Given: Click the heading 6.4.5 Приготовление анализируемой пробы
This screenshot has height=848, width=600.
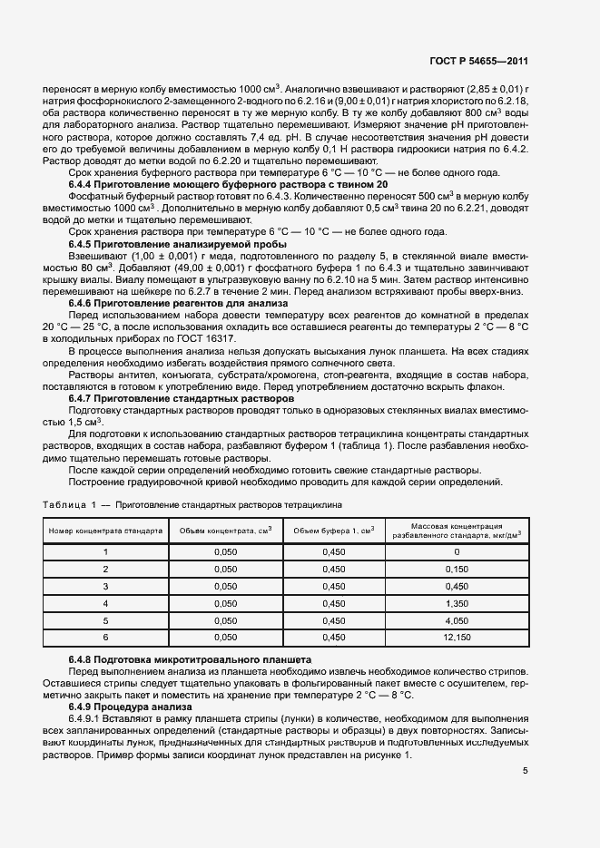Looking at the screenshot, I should click(x=178, y=244).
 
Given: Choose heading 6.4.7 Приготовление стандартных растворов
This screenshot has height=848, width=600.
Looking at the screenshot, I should click(x=182, y=397).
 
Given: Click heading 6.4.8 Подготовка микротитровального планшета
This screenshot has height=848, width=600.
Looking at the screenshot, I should click(x=191, y=658).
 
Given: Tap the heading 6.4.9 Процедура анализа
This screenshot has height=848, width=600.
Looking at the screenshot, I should click(x=131, y=706).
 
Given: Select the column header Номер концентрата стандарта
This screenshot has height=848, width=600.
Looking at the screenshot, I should click(x=106, y=530).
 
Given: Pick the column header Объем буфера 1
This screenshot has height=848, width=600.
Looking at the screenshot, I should click(x=335, y=530).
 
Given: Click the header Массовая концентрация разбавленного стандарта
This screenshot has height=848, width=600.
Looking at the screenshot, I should click(x=457, y=530).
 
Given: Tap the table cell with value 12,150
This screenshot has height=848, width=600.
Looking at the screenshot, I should click(x=457, y=638).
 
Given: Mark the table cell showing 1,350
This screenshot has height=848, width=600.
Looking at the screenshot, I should click(x=457, y=603).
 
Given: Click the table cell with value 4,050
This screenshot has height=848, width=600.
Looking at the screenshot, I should click(x=457, y=620).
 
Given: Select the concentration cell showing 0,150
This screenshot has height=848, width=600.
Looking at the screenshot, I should click(x=457, y=569).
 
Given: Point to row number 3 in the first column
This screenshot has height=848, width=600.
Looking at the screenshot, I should click(x=106, y=586).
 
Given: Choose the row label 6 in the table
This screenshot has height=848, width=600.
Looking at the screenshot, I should click(x=106, y=638).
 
